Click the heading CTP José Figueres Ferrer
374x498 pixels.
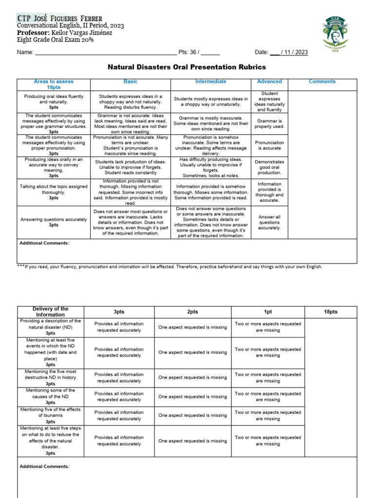click(x=60, y=18)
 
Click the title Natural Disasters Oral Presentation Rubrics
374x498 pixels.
click(x=187, y=67)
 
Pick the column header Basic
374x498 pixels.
click(x=131, y=82)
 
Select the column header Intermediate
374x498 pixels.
click(x=210, y=82)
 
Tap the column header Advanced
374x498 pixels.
click(x=269, y=82)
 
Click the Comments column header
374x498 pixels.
click(x=322, y=82)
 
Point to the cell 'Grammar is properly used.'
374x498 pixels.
click(x=269, y=124)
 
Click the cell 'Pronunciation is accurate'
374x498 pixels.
click(x=269, y=145)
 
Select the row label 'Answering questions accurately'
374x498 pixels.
click(x=54, y=222)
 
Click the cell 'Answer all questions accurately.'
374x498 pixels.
click(x=269, y=222)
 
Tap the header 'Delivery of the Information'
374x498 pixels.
click(x=51, y=312)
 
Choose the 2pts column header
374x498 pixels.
click(x=192, y=312)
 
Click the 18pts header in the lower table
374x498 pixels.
click(x=330, y=312)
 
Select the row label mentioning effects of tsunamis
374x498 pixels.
click(x=51, y=415)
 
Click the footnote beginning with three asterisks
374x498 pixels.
click(x=170, y=267)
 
